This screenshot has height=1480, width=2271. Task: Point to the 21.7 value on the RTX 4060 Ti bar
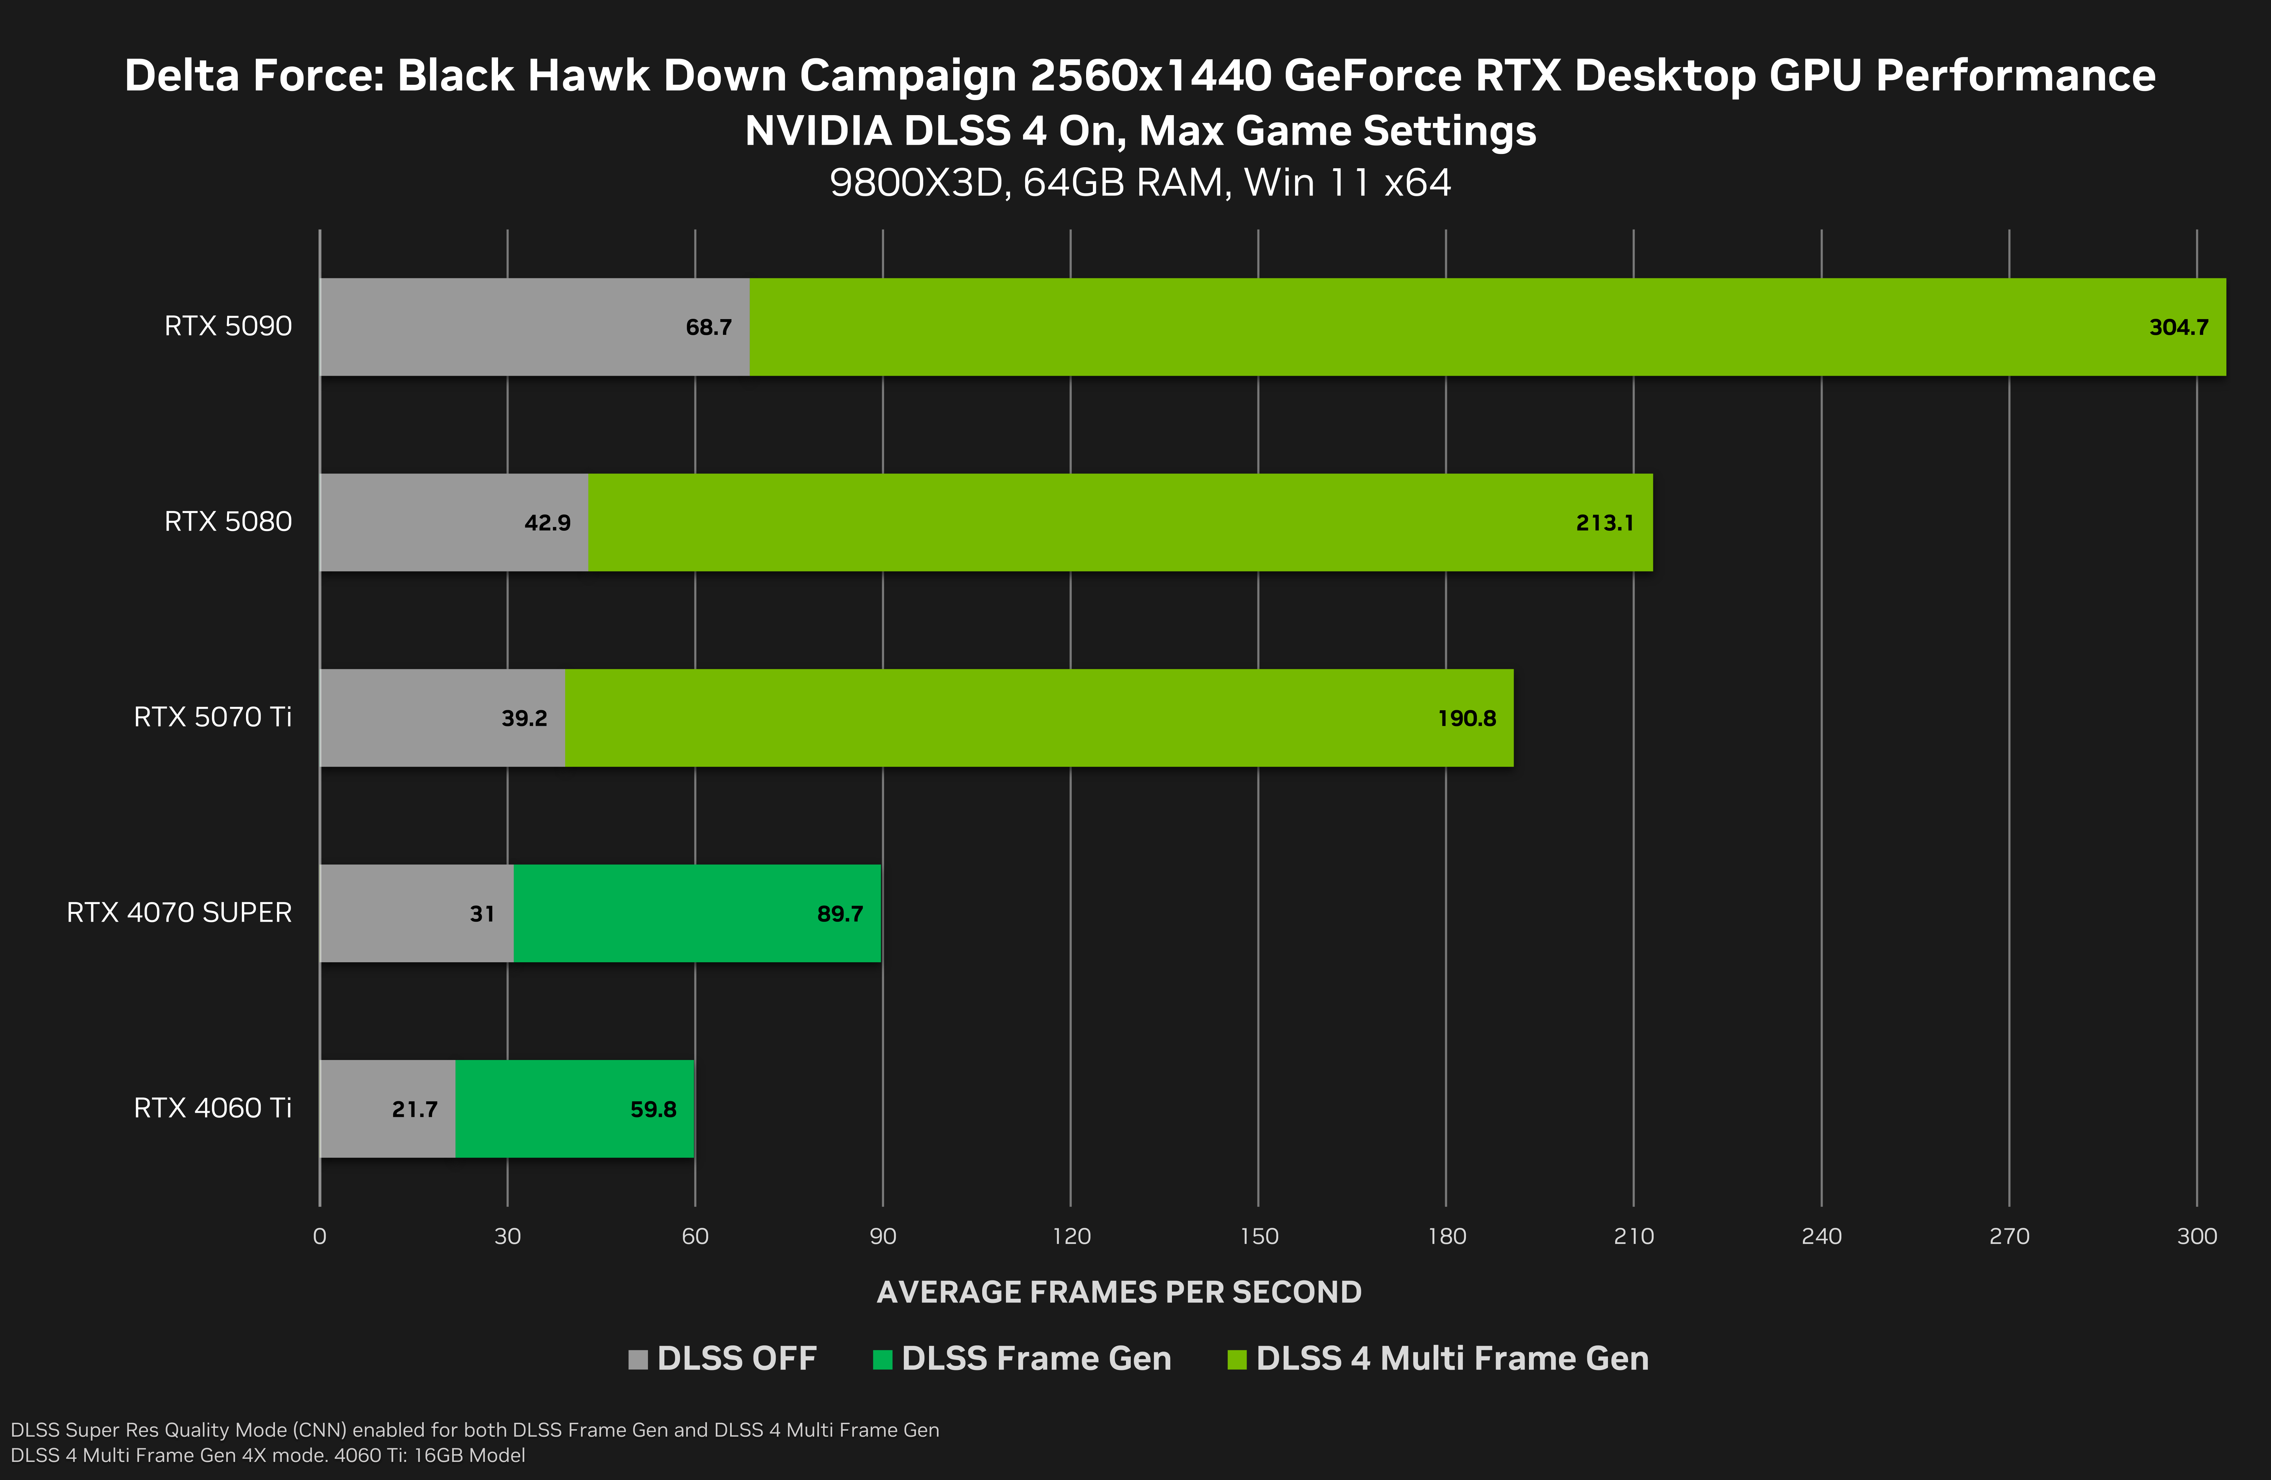414,1109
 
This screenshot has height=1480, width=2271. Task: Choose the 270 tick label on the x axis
2009,1237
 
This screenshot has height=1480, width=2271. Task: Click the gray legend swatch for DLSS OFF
637,1359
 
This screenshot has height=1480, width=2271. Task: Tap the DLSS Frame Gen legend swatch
882,1359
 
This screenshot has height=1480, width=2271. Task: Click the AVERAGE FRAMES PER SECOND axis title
1118,1292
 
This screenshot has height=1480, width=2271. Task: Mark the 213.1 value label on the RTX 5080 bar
1604,523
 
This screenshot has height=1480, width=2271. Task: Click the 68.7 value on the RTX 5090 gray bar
708,327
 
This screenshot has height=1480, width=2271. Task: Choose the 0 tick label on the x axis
320,1237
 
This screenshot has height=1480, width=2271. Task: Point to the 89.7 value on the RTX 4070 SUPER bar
840,914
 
